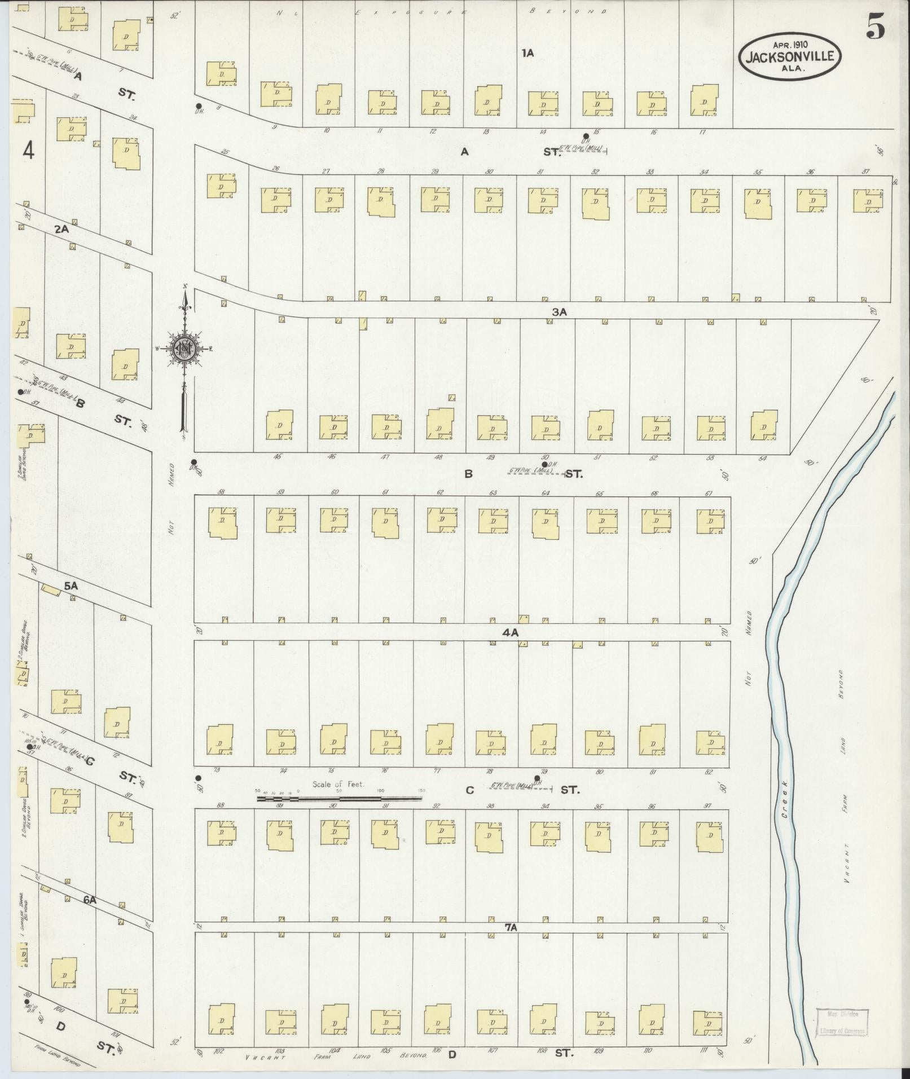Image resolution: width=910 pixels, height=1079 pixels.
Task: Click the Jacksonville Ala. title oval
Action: tap(790, 56)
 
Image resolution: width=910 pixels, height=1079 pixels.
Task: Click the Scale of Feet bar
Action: tap(339, 798)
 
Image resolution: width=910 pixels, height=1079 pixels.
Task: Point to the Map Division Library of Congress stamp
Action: tap(842, 1023)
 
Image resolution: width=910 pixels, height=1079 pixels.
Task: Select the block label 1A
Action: tap(527, 54)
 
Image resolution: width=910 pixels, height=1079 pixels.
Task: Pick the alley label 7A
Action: tap(511, 927)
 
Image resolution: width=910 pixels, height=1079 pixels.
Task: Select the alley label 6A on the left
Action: tap(90, 900)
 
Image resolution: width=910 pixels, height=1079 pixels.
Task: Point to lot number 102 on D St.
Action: tap(220, 1051)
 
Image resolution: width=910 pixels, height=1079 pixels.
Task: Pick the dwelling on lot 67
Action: tap(710, 521)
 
